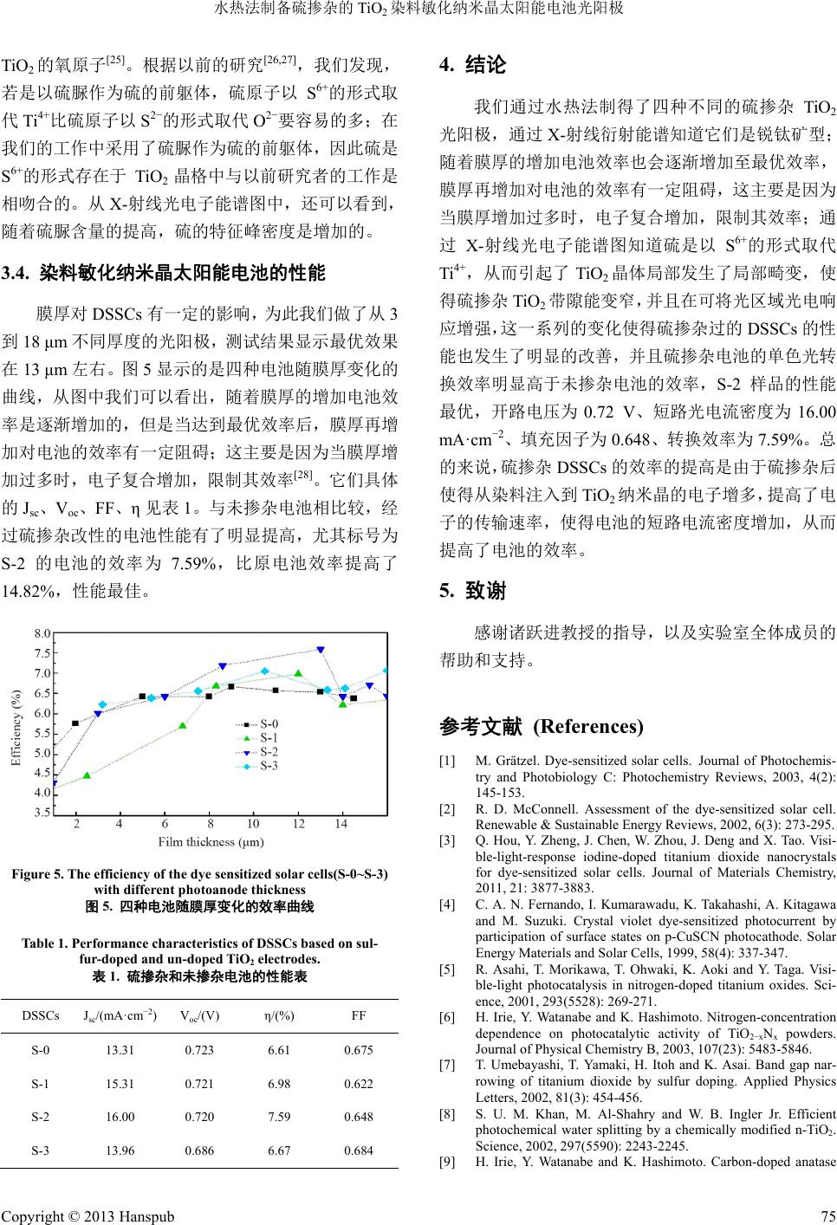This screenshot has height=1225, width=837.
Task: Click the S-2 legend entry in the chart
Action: click(x=269, y=751)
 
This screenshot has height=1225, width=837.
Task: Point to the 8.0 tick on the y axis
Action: click(x=42, y=633)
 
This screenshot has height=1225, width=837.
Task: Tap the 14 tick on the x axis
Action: click(x=341, y=824)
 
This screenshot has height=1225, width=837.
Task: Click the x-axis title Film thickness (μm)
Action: click(x=211, y=841)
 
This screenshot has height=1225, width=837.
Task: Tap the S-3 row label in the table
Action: click(x=40, y=1150)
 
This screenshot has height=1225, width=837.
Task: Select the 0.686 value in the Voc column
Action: click(x=199, y=1150)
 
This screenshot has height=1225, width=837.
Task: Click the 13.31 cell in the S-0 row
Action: click(x=120, y=1050)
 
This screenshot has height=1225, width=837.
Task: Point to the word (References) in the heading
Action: click(x=588, y=726)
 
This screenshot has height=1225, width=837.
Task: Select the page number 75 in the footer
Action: click(x=827, y=1215)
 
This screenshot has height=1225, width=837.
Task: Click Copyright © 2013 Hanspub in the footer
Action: click(x=88, y=1215)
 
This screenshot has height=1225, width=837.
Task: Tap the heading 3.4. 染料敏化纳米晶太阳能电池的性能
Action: click(x=164, y=275)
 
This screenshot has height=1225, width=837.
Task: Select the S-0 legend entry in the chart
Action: click(x=269, y=723)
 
